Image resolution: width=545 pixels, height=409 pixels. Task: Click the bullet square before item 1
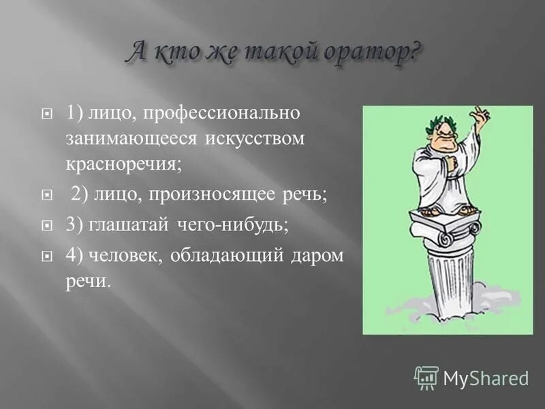tap(48, 115)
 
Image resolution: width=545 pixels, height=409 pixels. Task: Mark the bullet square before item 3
tap(48, 226)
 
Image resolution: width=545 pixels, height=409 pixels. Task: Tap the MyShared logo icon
tap(426, 377)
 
